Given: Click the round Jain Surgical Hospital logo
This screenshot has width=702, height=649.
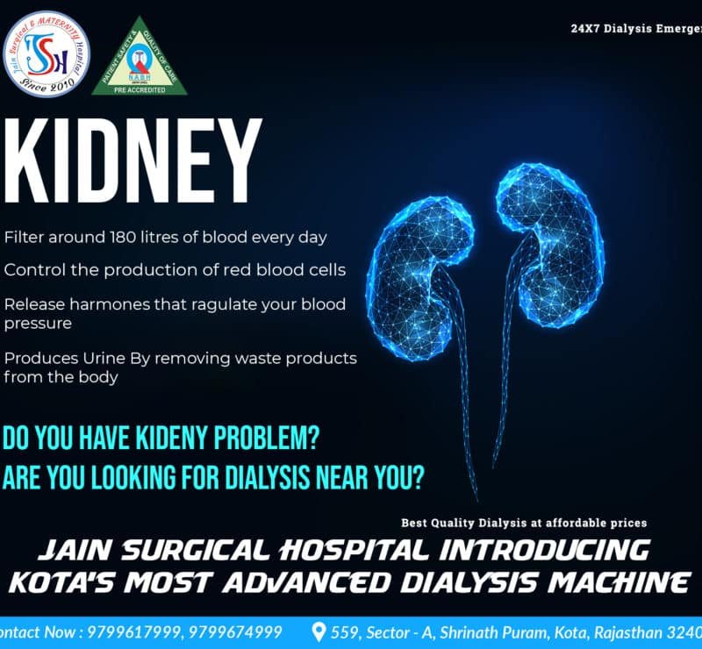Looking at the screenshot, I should point(47,53).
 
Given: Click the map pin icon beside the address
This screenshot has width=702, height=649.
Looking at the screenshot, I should point(319,632).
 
